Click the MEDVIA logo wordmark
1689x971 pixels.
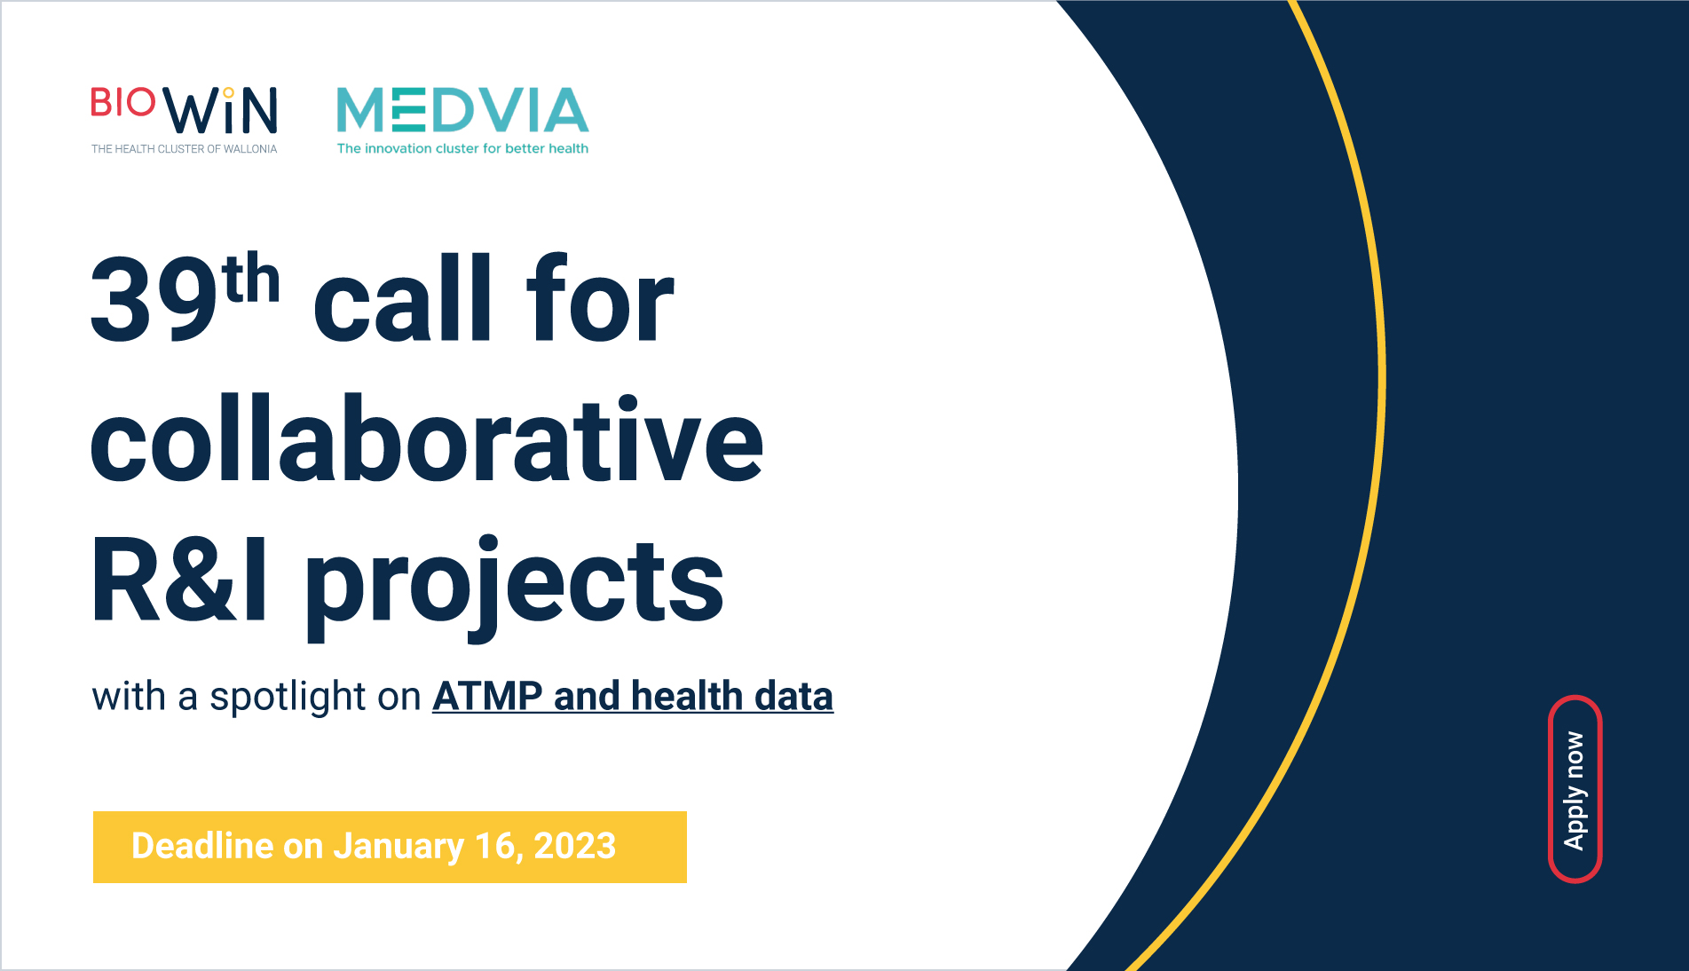tap(462, 110)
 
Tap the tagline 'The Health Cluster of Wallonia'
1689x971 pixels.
tap(185, 149)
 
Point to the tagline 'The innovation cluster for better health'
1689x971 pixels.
tap(462, 148)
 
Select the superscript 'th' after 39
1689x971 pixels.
tap(252, 278)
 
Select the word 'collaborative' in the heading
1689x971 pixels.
tap(427, 438)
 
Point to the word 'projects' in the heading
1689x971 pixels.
tap(515, 588)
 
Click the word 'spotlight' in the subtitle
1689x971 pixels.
tap(288, 698)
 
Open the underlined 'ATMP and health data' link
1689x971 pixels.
tap(633, 697)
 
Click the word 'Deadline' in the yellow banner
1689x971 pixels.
tap(202, 846)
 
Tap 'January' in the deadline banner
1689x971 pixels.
tap(399, 848)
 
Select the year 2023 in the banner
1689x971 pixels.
tap(575, 846)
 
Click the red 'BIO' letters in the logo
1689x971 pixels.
tap(123, 102)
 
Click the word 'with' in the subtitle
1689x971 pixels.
tap(130, 697)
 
